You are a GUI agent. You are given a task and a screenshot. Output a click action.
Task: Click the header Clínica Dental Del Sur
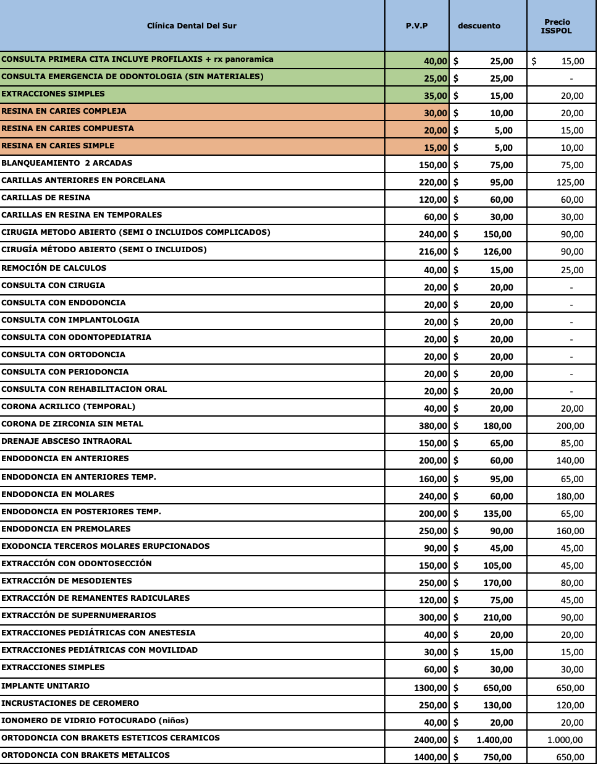192,26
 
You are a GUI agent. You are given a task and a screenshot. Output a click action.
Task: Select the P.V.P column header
416,26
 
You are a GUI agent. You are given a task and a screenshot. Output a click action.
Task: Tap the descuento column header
479,26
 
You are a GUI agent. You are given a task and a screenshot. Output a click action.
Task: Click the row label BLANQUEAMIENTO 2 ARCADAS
67,163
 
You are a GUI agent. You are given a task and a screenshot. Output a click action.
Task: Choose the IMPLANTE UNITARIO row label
45,685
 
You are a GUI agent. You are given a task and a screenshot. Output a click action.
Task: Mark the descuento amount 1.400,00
494,740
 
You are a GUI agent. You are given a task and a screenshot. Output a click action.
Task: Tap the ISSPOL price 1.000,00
565,740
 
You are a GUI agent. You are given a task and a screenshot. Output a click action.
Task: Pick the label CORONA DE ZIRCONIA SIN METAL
72,423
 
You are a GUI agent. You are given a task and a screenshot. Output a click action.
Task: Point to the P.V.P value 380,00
432,426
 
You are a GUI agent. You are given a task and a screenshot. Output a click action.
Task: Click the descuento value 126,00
497,252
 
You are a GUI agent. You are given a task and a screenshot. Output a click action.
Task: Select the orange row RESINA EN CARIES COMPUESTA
67,129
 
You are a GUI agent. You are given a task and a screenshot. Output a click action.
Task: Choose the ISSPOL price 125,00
570,182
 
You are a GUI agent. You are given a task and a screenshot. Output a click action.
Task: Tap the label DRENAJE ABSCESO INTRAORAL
67,441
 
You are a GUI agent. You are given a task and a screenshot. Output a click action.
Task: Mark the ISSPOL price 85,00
572,443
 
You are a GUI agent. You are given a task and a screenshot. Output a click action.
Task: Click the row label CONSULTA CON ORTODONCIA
63,354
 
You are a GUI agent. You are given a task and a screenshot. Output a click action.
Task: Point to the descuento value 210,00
497,618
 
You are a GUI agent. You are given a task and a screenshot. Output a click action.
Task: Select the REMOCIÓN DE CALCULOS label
54,268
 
